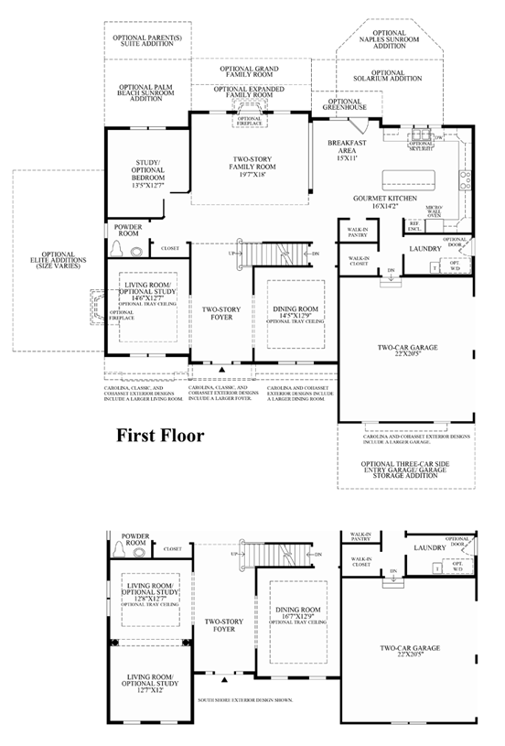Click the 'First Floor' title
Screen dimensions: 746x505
point(159,436)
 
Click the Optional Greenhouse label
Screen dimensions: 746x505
point(344,104)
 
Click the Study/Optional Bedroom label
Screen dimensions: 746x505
point(148,174)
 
